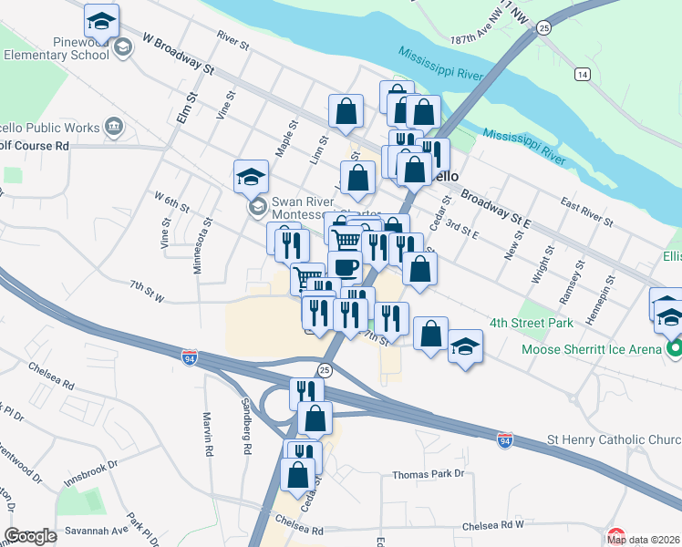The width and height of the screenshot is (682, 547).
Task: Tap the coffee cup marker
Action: tap(346, 267)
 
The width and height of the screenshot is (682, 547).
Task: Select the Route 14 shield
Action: tap(582, 73)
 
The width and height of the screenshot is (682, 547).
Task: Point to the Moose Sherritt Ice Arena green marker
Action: tap(674, 349)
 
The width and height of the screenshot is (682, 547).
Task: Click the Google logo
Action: tap(30, 536)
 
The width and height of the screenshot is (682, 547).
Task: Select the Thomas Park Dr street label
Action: tap(429, 474)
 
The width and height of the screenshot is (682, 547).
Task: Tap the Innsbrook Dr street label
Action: tap(90, 466)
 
